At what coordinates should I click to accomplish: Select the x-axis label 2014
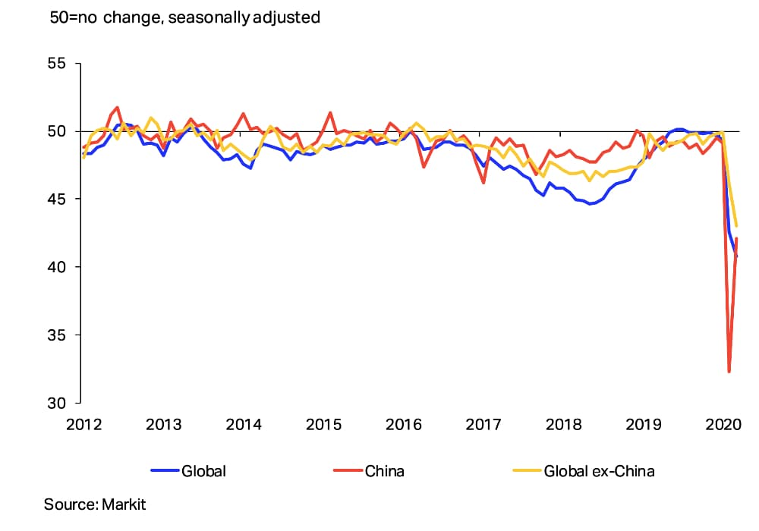click(x=244, y=424)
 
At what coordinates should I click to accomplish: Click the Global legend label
click(x=203, y=471)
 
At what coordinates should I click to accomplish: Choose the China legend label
click(x=384, y=471)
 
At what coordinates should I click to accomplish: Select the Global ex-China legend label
click(x=599, y=471)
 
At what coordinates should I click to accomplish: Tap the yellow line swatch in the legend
click(x=525, y=471)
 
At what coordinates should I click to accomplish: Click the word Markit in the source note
click(x=121, y=504)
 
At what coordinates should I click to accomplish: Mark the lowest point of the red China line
click(x=729, y=372)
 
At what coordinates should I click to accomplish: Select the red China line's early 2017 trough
click(x=483, y=183)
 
